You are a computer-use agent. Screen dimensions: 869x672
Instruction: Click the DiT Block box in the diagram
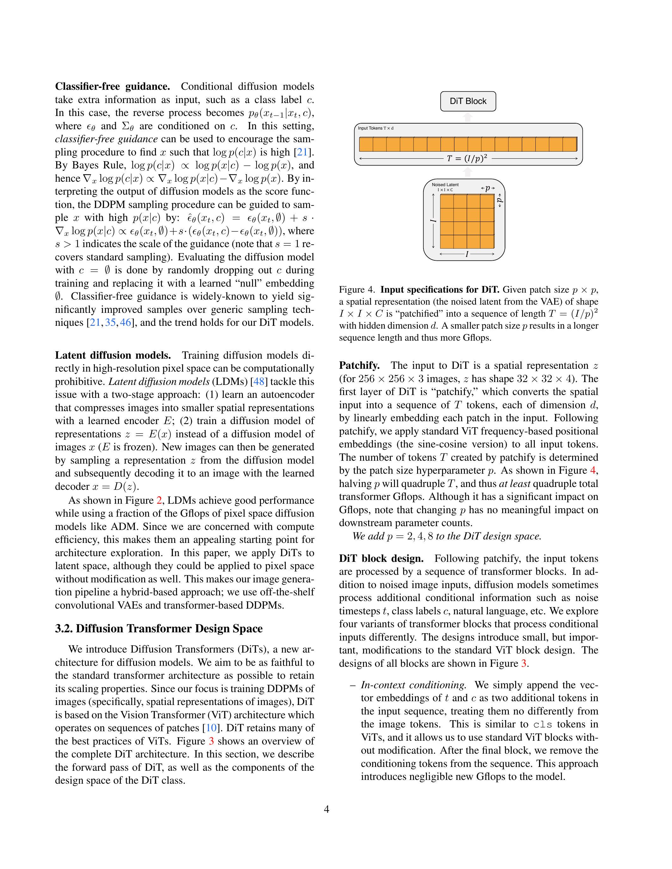point(468,101)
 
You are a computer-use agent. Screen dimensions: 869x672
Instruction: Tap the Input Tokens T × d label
point(375,128)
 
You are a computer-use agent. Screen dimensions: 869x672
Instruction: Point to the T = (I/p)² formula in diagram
point(467,158)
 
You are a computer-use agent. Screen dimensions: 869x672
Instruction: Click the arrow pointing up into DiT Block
point(468,117)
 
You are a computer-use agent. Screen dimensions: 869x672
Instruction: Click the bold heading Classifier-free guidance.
point(112,87)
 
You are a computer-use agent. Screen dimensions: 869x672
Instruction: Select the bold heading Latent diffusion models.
point(113,355)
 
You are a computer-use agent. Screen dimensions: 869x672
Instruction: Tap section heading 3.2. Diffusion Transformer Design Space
point(158,629)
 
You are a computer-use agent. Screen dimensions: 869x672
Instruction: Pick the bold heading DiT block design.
point(381,559)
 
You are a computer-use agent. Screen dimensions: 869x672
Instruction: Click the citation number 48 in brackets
point(259,382)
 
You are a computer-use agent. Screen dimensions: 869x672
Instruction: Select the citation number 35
point(110,323)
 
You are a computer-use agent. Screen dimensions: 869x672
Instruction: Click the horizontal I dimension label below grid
point(467,254)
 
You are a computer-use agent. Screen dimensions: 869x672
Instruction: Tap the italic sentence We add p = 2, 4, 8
point(447,536)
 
